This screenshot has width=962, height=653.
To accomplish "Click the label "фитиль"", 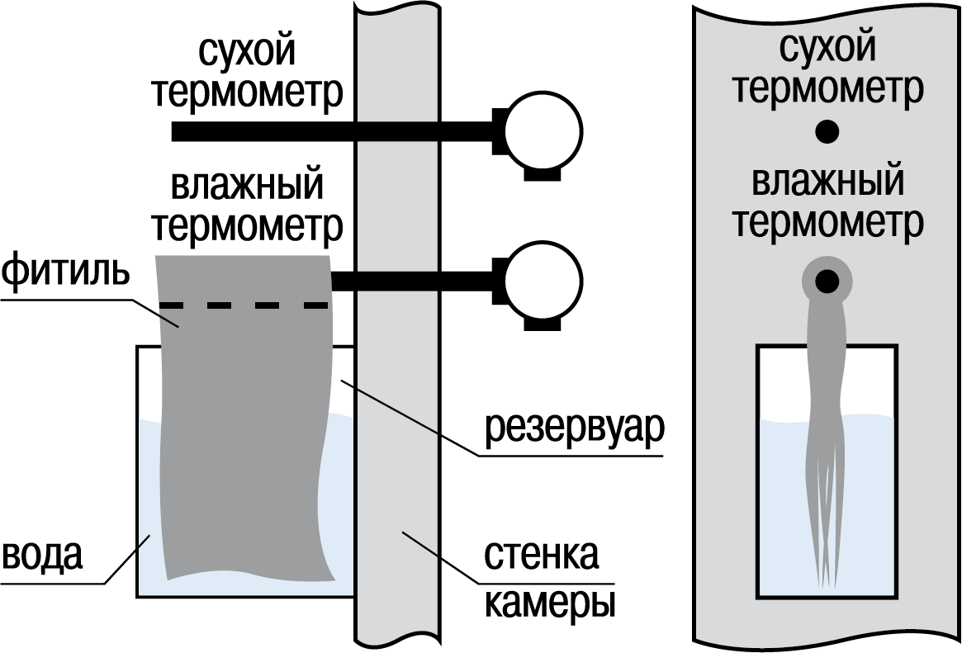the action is pos(65,273).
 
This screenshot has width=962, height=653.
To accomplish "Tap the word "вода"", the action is pos(42,555).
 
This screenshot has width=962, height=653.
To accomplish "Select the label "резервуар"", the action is pos(575,428).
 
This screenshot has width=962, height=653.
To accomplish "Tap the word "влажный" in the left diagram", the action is pos(247,184).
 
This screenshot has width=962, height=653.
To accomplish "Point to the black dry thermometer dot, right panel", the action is pos(827,131).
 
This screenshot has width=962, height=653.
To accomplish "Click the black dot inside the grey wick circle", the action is pos(827,281).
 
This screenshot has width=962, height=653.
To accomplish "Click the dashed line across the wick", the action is pos(244,305).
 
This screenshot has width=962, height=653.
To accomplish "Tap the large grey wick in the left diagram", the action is pos(244,417).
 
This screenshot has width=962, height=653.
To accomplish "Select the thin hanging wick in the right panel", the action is pos(827,442).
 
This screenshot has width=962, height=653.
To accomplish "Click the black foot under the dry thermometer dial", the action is pos(543,174).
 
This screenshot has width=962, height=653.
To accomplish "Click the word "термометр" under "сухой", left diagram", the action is pos(247,93).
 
